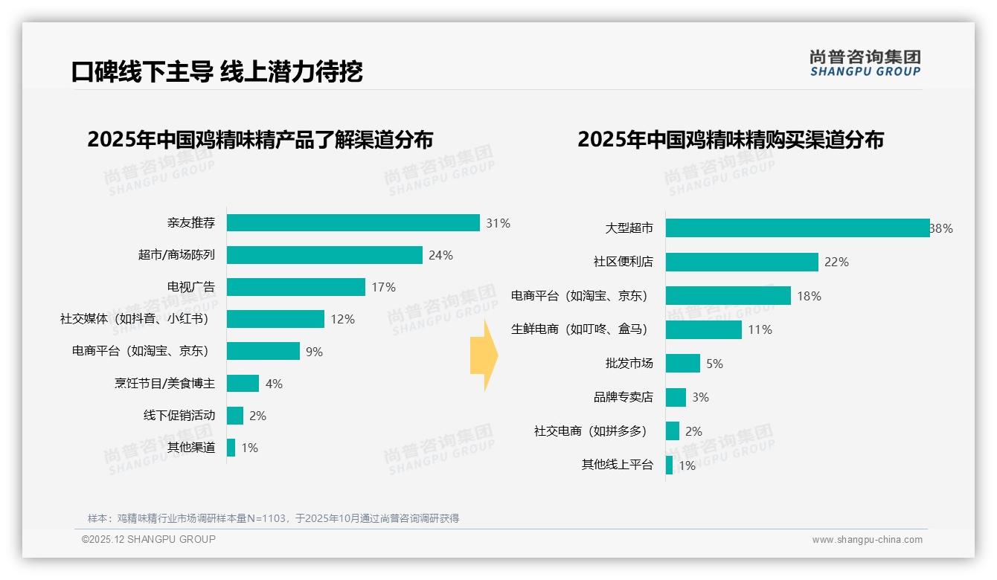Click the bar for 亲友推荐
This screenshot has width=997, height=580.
pos(353,223)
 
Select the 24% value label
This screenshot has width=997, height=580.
pos(440,255)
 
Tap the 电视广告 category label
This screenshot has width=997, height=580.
pos(190,287)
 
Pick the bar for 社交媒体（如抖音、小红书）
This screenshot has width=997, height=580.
pos(275,319)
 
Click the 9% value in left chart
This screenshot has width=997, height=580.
pos(314,352)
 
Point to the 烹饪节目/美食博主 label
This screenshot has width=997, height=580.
pos(164,384)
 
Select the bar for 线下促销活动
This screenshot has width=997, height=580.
pos(235,416)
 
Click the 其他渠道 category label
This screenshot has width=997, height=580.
pos(190,448)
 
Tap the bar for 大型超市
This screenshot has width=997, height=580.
pos(798,228)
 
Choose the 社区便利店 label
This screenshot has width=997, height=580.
pos(623,262)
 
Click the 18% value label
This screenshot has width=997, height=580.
pos(809,296)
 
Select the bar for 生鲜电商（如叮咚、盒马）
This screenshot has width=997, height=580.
pos(703,329)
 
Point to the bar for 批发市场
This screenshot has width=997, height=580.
pos(682,364)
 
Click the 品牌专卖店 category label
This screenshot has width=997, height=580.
pos(623,397)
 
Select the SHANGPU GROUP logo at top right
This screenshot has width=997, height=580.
pos(865,63)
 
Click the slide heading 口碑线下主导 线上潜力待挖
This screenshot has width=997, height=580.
pos(217,71)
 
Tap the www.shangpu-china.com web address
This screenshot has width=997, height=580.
pos(867,540)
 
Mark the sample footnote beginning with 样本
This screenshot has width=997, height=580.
pos(273,518)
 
